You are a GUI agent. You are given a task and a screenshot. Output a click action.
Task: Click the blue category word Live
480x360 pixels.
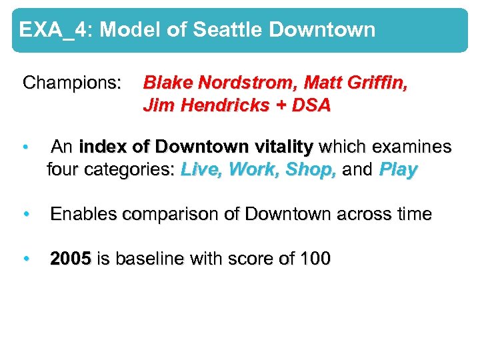coord(201,169)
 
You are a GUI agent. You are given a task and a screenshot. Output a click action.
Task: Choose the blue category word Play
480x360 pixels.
coord(397,170)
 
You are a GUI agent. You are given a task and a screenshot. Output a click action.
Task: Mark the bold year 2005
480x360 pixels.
coord(71,259)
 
